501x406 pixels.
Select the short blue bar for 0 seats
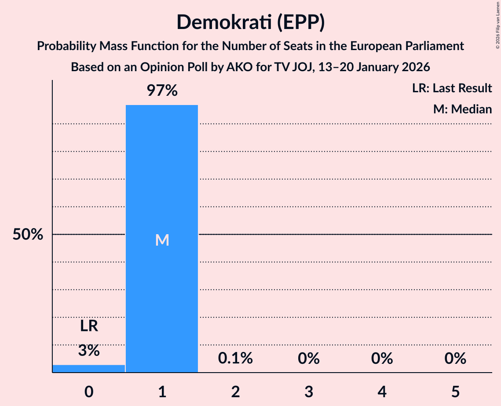tap(89, 368)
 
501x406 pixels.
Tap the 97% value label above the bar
tap(162, 91)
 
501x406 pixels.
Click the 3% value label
tap(89, 351)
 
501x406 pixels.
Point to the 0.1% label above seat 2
tap(235, 359)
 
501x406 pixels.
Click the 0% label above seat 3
tap(308, 359)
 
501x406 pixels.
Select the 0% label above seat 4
tap(382, 359)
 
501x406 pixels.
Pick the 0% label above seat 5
tap(455, 359)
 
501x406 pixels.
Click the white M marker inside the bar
tap(162, 240)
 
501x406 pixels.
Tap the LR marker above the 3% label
tap(89, 326)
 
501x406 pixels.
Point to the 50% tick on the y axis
tap(28, 235)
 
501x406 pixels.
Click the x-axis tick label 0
tap(89, 391)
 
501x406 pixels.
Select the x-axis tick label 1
tap(162, 391)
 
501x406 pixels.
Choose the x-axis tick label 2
tap(235, 391)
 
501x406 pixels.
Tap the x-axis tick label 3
tap(308, 391)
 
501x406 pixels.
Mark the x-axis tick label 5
tap(455, 391)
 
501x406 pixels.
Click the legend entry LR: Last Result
tap(452, 88)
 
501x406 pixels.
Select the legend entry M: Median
tap(462, 109)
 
